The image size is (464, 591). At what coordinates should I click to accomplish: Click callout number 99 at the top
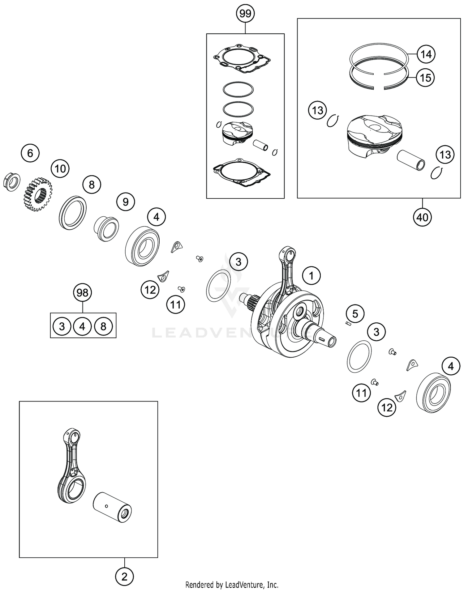pos(245,14)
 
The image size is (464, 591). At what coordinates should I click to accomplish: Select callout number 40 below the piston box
pos(422,217)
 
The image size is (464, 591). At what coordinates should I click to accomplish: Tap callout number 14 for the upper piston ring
pos(426,54)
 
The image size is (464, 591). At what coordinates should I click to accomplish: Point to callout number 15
pos(425,78)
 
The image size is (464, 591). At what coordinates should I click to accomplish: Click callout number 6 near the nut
pos(30,153)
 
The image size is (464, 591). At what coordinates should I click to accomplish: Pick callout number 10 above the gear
pos(60,169)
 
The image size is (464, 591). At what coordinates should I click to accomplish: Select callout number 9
pos(125,202)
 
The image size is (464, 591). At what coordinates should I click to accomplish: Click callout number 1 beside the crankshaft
pos(311,275)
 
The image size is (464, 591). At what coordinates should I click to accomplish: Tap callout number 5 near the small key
pos(355,314)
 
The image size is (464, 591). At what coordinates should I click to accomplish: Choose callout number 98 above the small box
pos(82,293)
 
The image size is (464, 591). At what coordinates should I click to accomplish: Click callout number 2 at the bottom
pos(124,577)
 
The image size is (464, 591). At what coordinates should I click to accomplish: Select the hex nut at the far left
pos(11,182)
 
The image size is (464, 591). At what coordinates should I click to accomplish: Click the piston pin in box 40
pos(411,159)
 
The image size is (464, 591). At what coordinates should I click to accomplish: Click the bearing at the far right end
pos(433,393)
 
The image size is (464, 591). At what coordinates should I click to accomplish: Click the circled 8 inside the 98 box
pos(103,326)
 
